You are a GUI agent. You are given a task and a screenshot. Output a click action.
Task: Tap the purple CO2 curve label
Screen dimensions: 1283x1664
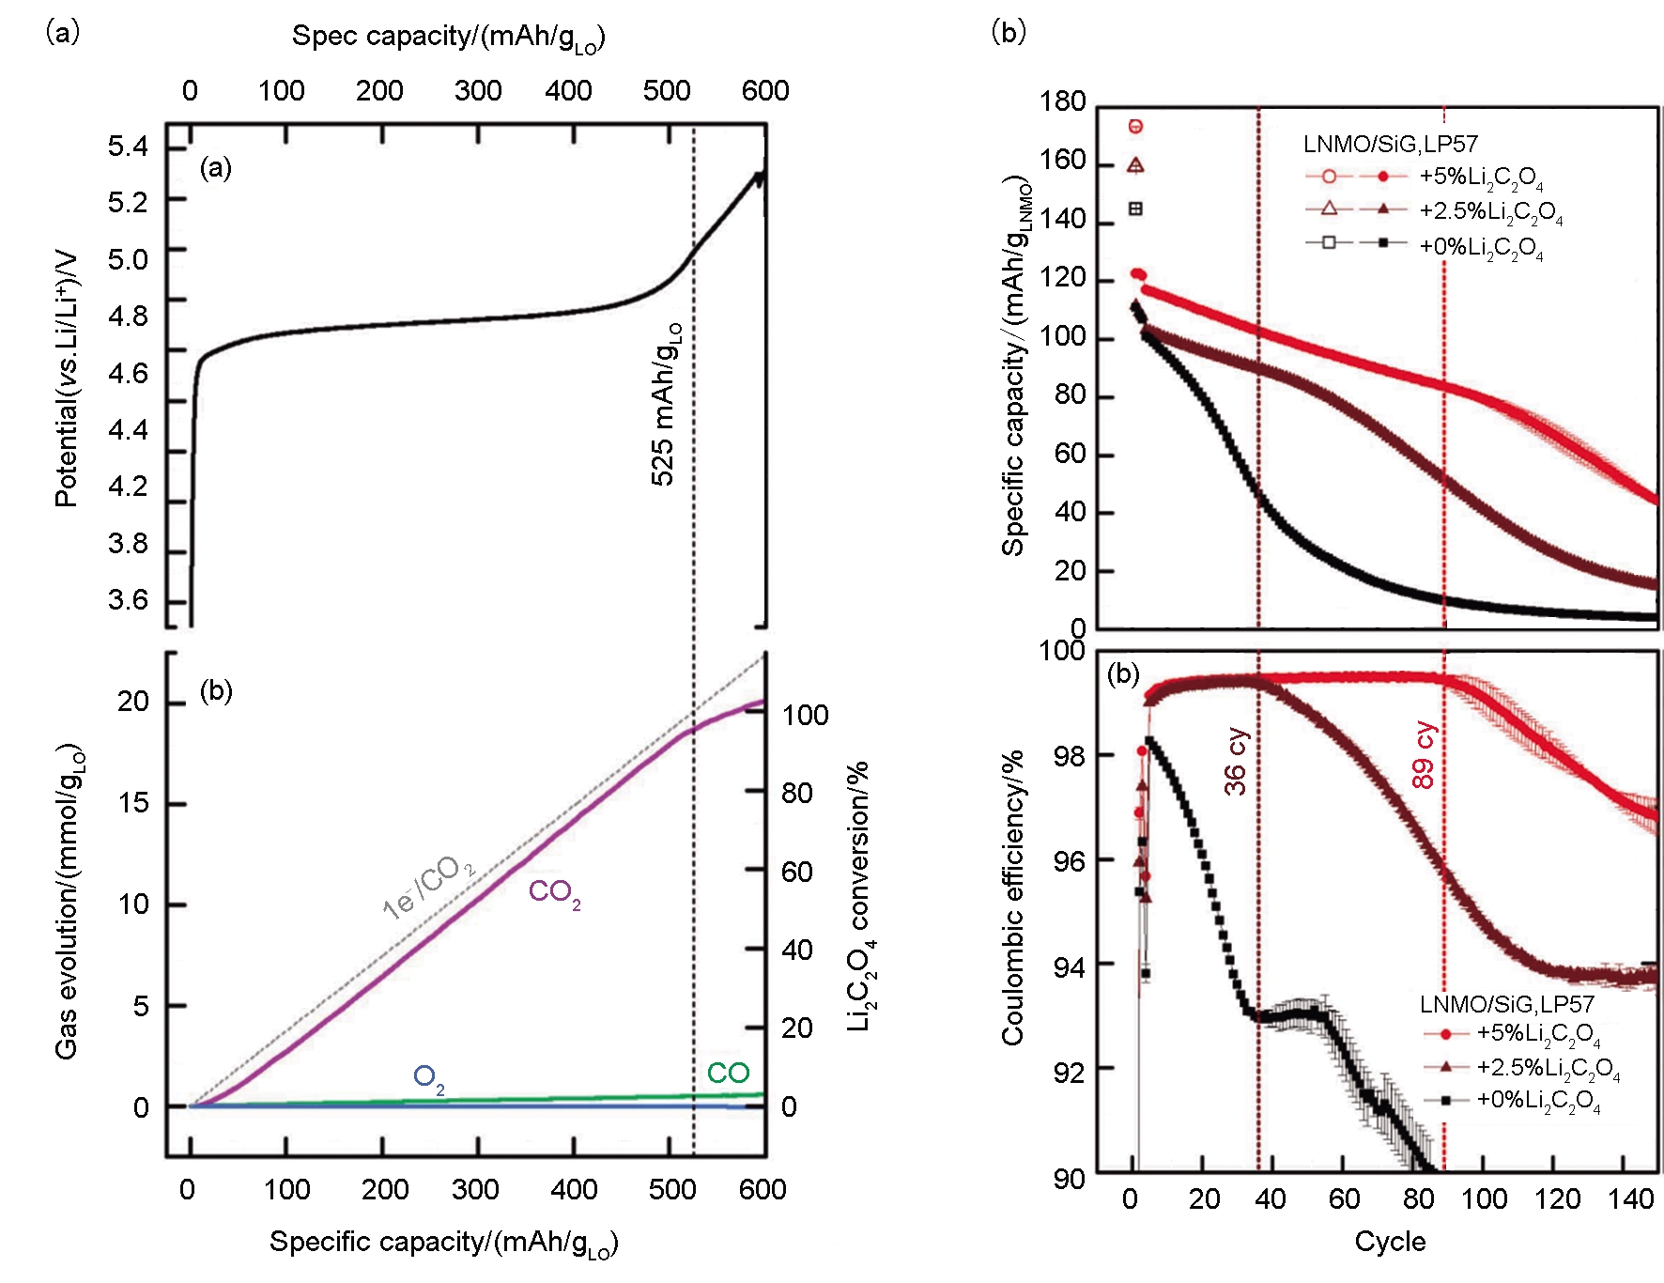click(554, 892)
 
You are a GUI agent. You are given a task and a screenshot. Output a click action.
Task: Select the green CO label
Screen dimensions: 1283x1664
click(728, 1073)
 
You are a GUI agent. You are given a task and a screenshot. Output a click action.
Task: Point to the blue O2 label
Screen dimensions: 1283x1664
click(428, 1078)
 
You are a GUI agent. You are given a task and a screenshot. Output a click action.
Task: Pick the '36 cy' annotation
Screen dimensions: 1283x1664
click(1237, 762)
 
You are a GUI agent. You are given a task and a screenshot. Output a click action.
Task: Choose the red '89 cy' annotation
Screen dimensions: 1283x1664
click(1424, 755)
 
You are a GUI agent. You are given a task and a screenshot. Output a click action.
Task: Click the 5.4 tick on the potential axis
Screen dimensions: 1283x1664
click(128, 147)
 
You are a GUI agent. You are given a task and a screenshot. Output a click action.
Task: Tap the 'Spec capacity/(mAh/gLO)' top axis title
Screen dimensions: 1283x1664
click(448, 38)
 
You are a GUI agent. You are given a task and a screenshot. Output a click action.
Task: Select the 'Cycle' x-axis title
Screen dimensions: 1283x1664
click(1390, 1242)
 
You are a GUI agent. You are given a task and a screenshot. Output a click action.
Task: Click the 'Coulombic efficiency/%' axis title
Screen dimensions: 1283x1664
click(1012, 897)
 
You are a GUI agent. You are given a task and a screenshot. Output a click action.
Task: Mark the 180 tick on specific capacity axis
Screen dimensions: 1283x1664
click(1062, 101)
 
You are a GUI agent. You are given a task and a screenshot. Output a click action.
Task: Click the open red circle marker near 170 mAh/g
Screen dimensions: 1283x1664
click(1135, 126)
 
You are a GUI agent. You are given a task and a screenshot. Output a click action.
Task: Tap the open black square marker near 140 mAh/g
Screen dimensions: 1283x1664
click(1135, 209)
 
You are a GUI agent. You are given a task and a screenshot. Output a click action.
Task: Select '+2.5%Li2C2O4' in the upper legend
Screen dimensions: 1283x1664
click(1490, 211)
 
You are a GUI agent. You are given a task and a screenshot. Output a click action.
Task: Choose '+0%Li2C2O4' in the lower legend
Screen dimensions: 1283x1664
click(1538, 1101)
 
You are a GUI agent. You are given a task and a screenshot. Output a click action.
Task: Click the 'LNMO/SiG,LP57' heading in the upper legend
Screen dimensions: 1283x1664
click(1390, 144)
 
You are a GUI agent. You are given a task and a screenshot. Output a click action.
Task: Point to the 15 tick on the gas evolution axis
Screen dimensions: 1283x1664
click(133, 803)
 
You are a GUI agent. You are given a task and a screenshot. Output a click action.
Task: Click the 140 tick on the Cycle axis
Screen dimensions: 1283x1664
click(1631, 1199)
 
